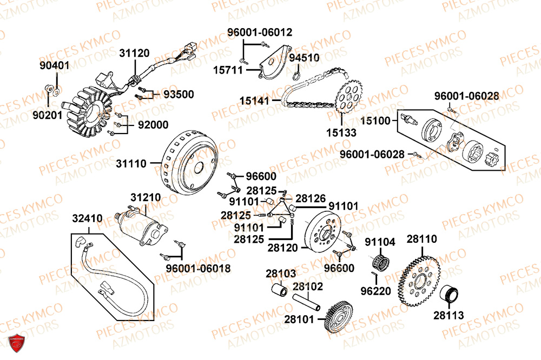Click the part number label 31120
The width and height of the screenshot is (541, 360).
[x=135, y=53]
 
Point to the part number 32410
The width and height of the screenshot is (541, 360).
[x=87, y=219]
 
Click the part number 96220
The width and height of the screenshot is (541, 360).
[x=375, y=291]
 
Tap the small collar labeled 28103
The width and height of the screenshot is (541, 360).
[x=281, y=290]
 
